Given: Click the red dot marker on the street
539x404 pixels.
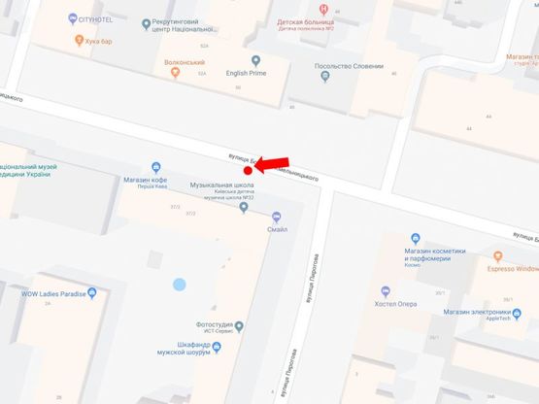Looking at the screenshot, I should [x=248, y=170].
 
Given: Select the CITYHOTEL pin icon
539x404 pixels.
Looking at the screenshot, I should [x=73, y=19].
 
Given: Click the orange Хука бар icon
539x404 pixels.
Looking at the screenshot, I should [x=79, y=41].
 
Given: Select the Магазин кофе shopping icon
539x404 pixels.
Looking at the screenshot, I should [x=156, y=168].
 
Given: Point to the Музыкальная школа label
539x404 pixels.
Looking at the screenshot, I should [x=221, y=185].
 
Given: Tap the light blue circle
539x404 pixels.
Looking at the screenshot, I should [x=179, y=285].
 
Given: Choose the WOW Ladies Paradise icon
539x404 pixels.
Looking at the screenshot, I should [x=92, y=292].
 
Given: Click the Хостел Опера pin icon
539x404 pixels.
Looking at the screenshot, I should [x=386, y=290].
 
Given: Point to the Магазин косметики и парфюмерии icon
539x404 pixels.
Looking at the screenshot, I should [x=416, y=239].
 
